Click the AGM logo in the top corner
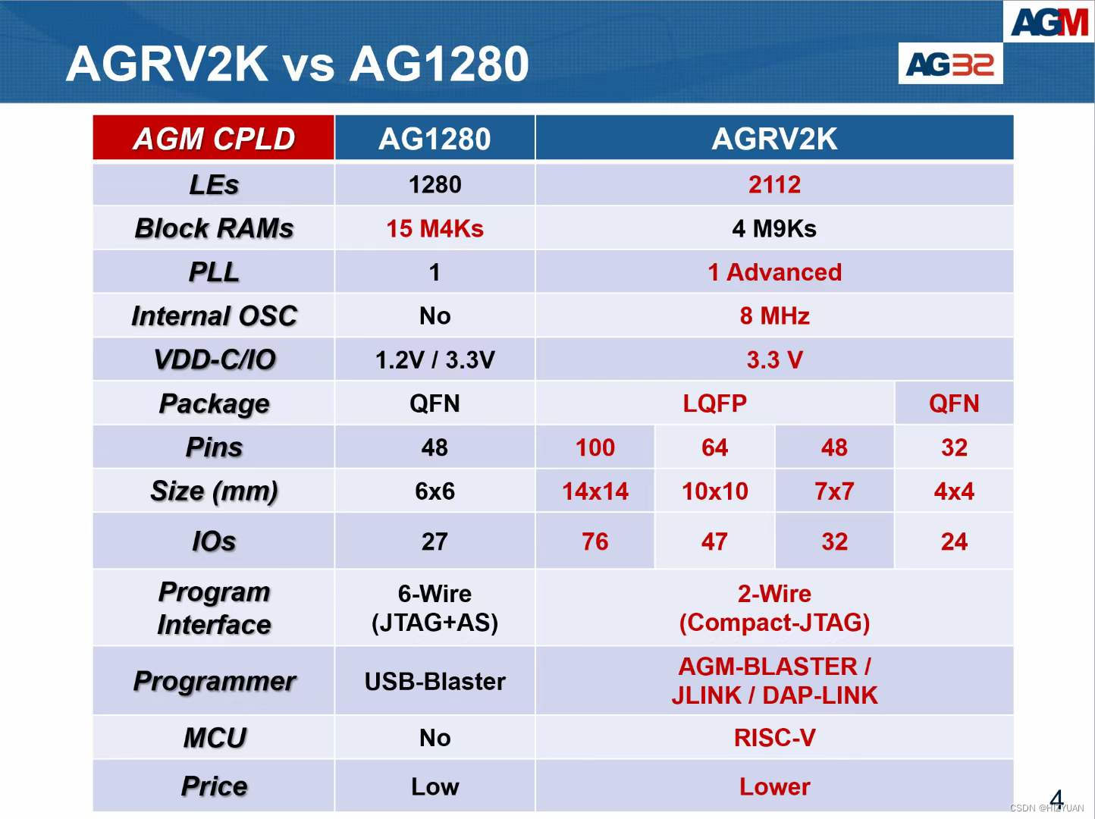coord(1050,22)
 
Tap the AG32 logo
coord(950,64)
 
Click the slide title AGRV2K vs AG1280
coord(297,64)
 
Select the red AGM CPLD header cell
coord(214,139)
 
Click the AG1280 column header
coord(435,139)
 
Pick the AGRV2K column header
coord(774,139)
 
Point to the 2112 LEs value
coord(774,184)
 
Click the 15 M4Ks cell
coord(435,228)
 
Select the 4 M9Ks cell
coord(774,228)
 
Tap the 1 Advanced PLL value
coord(774,272)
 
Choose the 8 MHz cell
coord(774,315)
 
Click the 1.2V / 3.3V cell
coord(435,359)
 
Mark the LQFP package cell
coord(714,403)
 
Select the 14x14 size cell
coord(595,491)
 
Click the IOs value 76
coord(595,541)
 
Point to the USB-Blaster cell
coord(435,681)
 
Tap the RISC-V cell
coord(774,738)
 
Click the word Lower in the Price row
coord(774,786)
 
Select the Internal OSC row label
coord(214,315)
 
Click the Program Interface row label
coord(214,607)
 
